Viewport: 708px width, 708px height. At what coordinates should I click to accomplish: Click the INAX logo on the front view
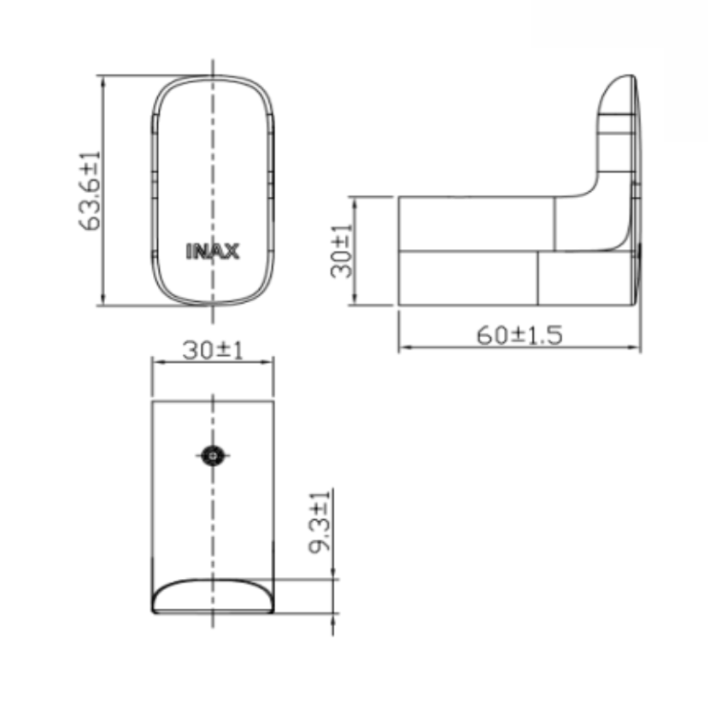coord(212,251)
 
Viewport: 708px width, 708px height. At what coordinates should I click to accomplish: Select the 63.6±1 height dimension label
coord(91,191)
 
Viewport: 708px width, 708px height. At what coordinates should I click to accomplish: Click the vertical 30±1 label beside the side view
coord(342,251)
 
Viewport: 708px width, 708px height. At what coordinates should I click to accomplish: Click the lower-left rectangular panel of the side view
coord(467,278)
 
